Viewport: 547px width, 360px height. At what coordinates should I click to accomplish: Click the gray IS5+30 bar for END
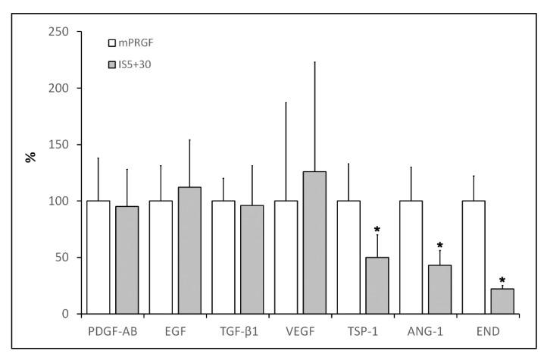502,301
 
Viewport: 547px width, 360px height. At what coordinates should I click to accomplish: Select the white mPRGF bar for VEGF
286,257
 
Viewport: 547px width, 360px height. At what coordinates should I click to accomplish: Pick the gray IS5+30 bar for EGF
189,250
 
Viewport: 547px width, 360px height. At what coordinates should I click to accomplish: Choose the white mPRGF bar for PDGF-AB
98,257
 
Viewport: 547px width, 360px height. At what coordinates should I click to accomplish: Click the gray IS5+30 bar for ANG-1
439,289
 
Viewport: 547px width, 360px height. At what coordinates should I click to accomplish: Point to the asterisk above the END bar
502,280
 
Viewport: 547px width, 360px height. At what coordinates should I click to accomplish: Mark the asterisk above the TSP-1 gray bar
377,228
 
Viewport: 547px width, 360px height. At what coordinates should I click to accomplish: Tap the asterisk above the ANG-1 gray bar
439,246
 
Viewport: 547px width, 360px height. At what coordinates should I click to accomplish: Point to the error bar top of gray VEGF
314,62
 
